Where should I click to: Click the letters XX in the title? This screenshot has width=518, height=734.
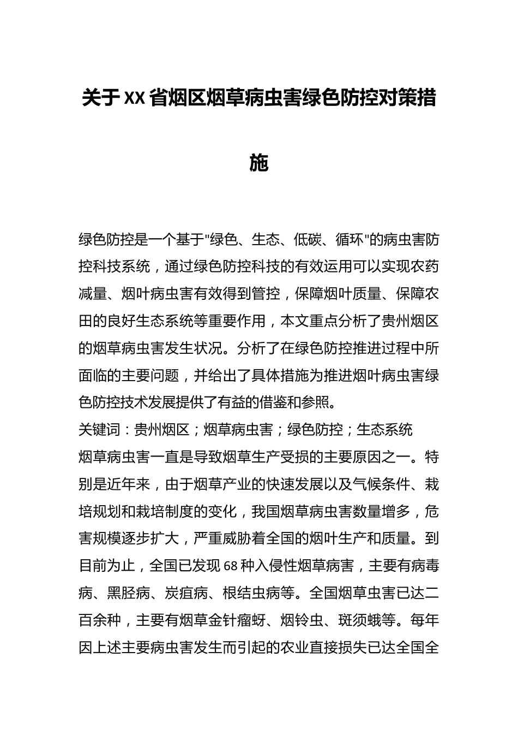(x=135, y=99)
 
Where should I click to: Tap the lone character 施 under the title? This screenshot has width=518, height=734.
(x=258, y=162)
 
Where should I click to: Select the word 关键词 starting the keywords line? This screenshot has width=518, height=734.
(x=99, y=430)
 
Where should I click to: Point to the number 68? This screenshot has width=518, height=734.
(x=231, y=566)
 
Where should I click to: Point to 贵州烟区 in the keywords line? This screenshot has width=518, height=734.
(x=162, y=430)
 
